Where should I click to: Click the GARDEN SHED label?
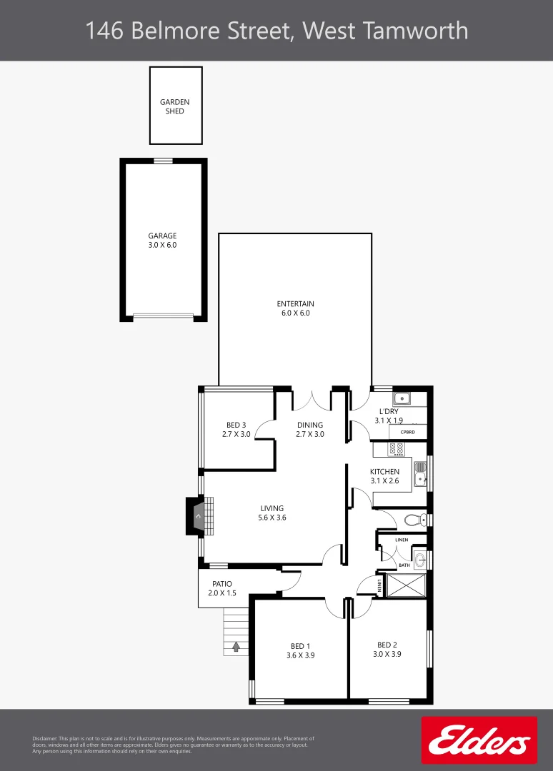(x=175, y=106)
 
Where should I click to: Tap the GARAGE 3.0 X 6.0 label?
(x=162, y=240)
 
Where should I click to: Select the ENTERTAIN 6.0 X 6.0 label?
(x=295, y=308)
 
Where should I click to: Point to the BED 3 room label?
(x=236, y=429)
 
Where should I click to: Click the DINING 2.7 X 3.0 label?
(x=310, y=429)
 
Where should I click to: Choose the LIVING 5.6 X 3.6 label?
(x=272, y=513)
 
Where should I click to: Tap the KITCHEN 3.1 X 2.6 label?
(x=384, y=476)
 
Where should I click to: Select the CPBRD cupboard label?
(x=408, y=432)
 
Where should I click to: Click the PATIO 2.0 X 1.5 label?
(x=221, y=588)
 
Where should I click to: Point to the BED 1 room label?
(x=300, y=650)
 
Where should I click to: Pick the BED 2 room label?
(x=387, y=649)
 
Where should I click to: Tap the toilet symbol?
(x=416, y=519)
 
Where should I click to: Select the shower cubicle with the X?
(x=405, y=585)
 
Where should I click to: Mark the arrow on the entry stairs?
(x=236, y=647)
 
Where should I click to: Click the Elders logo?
(x=479, y=740)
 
